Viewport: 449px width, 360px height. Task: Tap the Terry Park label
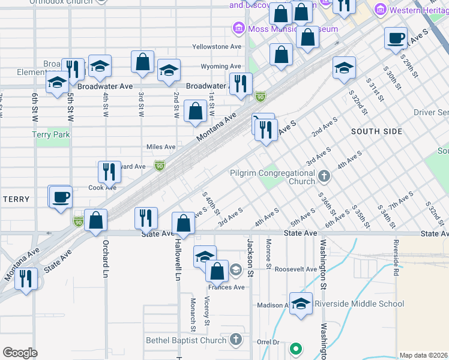(x=51, y=134)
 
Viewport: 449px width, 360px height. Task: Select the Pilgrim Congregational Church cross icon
(x=324, y=176)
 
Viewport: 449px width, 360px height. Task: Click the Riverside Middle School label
(x=359, y=304)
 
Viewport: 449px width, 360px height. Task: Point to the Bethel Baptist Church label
(x=186, y=341)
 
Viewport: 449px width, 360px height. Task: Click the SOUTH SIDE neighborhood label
(x=376, y=131)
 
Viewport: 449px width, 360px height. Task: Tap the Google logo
(x=20, y=353)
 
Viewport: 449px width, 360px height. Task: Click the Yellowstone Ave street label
(x=217, y=47)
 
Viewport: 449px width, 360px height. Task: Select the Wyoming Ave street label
(x=220, y=67)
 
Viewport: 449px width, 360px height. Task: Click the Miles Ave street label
(x=161, y=146)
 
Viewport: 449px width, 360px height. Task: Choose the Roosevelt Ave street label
(x=295, y=269)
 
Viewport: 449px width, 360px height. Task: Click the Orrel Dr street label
(x=268, y=342)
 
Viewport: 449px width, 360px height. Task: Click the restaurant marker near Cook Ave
(x=109, y=171)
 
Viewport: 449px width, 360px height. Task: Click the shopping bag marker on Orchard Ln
(x=96, y=220)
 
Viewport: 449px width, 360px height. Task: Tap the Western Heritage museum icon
(x=379, y=10)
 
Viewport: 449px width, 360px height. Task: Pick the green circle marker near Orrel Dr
(x=295, y=348)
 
